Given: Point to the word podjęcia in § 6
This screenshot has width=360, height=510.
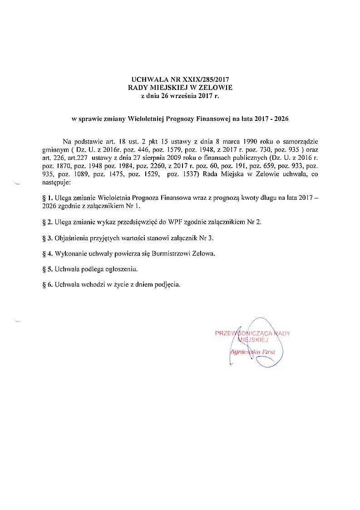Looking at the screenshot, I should tap(169, 285).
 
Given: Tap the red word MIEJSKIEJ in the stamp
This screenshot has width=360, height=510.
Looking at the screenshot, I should tap(254, 340).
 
